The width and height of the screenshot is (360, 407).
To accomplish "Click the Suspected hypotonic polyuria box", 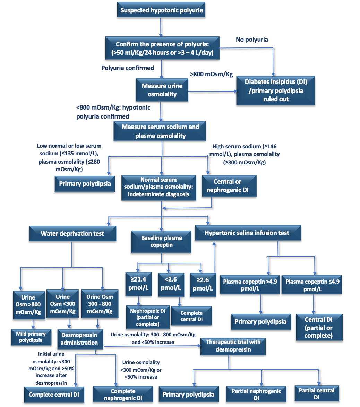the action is click(x=161, y=10).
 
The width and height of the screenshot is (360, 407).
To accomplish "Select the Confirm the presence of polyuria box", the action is click(x=162, y=48).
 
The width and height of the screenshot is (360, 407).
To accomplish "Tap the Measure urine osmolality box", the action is click(x=162, y=90).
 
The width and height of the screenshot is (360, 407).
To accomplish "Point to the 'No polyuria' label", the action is click(x=252, y=40).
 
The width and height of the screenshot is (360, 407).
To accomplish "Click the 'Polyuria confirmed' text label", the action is click(x=128, y=68).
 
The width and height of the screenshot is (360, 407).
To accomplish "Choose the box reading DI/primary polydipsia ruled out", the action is click(x=276, y=90).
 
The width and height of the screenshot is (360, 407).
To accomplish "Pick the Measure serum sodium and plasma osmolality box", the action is click(x=160, y=131).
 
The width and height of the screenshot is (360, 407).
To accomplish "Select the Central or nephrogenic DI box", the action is click(x=229, y=186).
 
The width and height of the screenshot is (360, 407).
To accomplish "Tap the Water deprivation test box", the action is click(x=72, y=233).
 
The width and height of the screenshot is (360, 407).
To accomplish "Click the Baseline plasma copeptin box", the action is click(x=161, y=242).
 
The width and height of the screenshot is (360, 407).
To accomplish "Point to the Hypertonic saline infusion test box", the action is click(x=248, y=233).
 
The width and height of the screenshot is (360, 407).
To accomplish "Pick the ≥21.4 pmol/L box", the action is click(x=138, y=284).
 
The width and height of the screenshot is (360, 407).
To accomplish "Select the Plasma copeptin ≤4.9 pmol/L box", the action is click(x=311, y=285).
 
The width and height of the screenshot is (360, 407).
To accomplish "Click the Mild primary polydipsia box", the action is click(x=31, y=337).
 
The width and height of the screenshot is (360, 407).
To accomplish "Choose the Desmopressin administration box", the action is click(x=80, y=339).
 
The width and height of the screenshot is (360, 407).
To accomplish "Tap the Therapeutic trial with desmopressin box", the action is click(x=233, y=346).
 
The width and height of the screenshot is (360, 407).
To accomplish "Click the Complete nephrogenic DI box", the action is click(x=123, y=394).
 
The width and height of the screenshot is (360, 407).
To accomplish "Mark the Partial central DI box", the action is click(x=317, y=393).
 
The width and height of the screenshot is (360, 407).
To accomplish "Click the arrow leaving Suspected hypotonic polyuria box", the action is click(x=161, y=27).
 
